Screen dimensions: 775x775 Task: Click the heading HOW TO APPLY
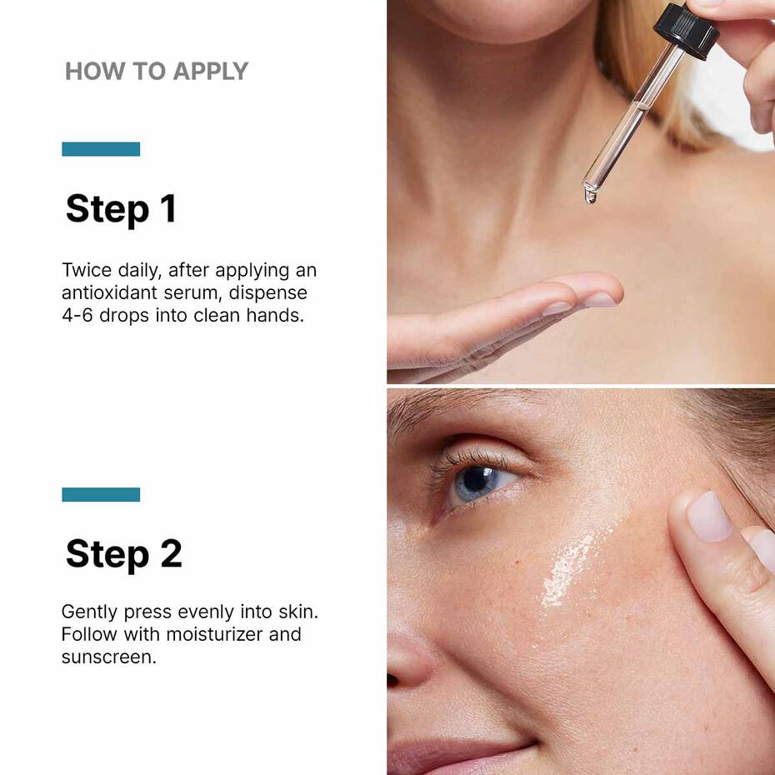(x=157, y=72)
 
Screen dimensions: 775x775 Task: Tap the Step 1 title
(x=121, y=209)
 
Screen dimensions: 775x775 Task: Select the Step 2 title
(x=123, y=553)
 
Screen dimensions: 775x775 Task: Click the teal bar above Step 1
(x=101, y=149)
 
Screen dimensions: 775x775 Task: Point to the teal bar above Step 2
(x=101, y=494)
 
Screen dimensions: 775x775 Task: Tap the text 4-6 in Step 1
(x=77, y=316)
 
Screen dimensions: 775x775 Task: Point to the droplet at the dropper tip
(x=591, y=197)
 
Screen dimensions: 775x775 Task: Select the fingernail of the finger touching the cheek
(x=708, y=516)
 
